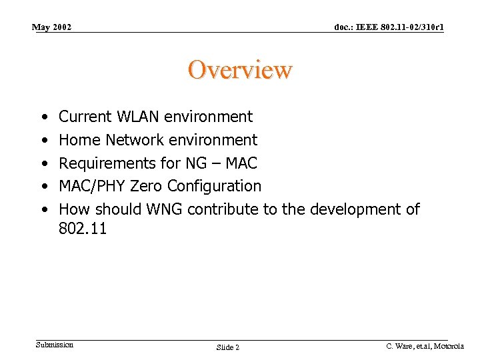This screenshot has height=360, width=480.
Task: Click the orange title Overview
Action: (x=240, y=69)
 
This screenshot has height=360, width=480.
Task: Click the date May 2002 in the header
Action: (x=52, y=27)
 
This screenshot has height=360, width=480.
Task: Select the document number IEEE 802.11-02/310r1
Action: (x=389, y=27)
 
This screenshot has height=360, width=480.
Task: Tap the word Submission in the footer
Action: (x=55, y=345)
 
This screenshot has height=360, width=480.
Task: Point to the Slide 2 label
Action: (x=228, y=347)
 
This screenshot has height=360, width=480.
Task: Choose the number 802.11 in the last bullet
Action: (x=83, y=229)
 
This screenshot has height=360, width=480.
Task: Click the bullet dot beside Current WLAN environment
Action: (x=43, y=117)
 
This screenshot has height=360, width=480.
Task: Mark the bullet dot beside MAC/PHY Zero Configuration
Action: (x=43, y=187)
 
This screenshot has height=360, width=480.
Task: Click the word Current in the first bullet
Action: (x=85, y=117)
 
